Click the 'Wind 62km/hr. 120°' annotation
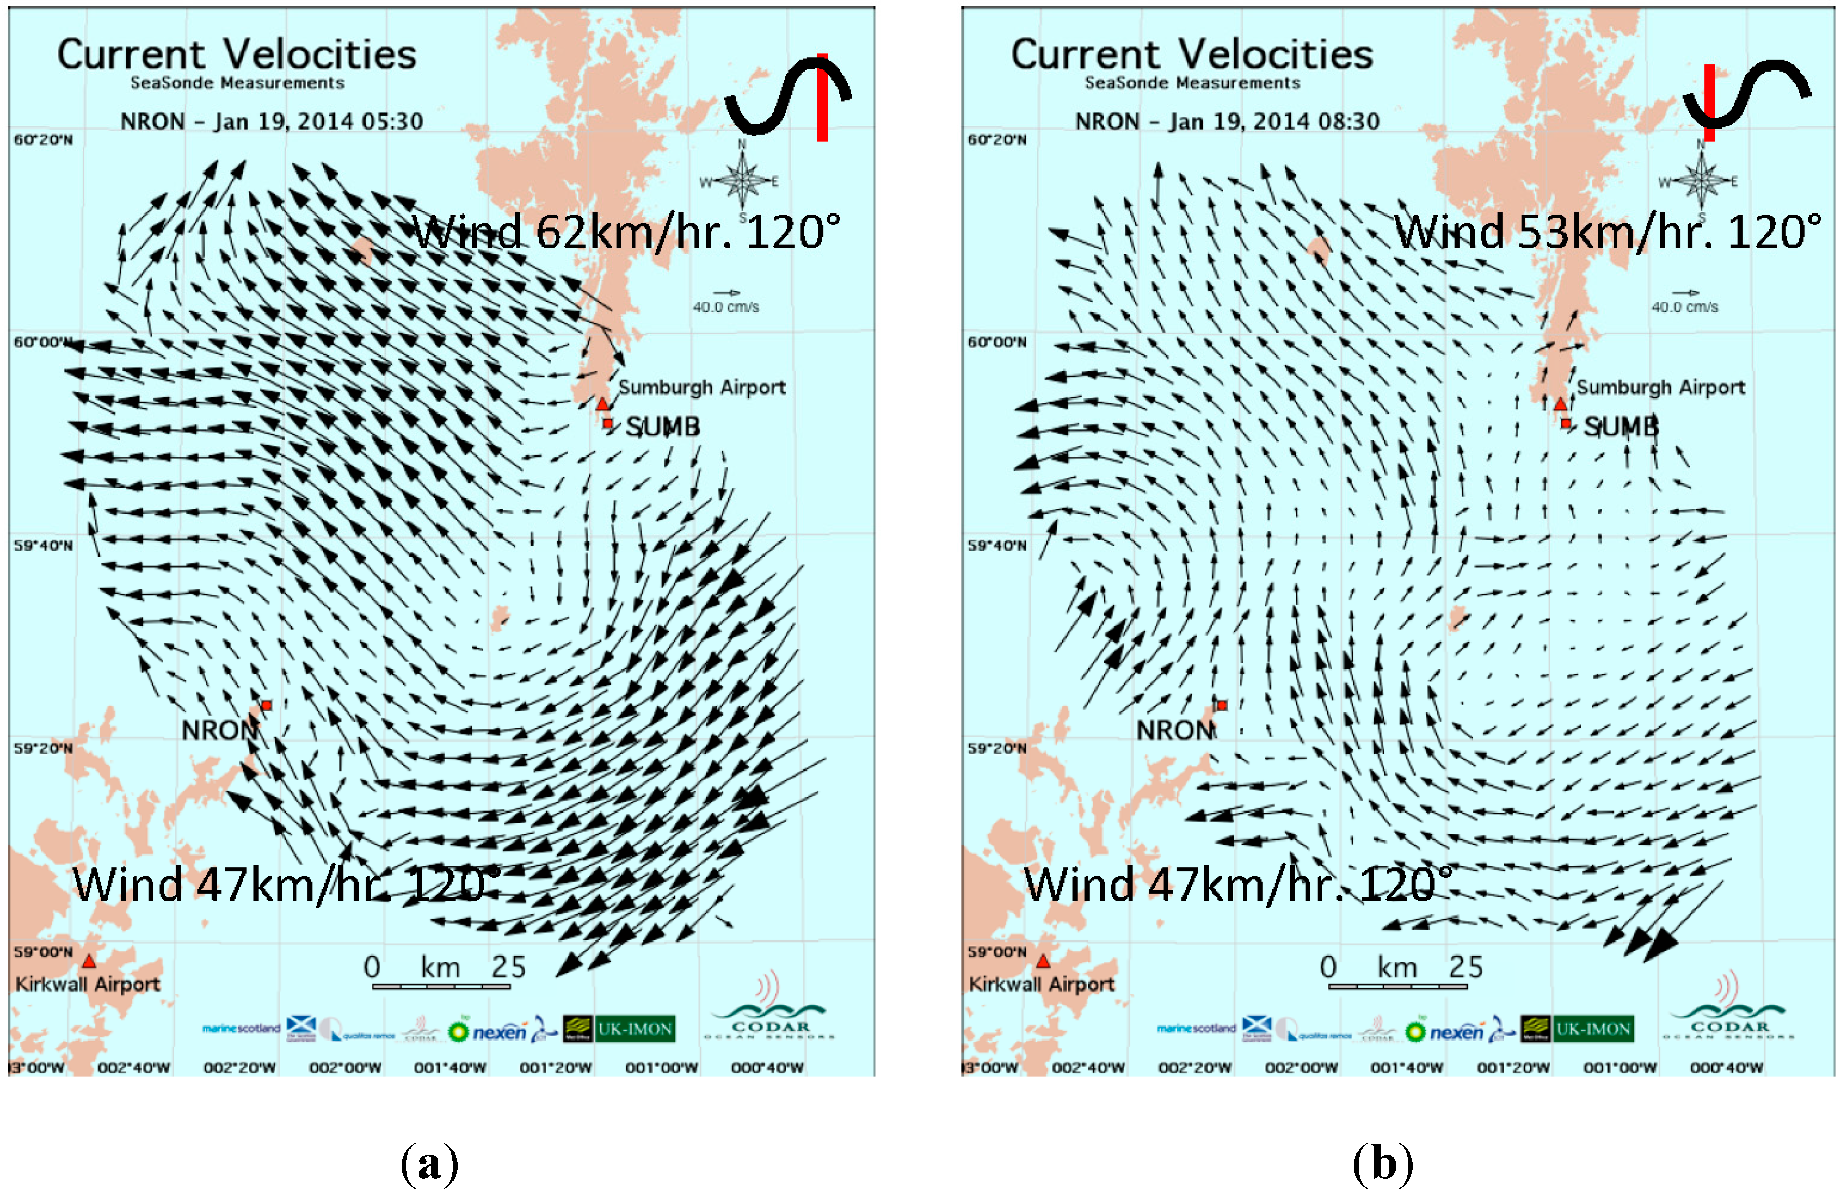click(x=626, y=232)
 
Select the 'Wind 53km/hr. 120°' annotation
click(x=1607, y=232)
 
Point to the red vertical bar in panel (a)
click(x=822, y=98)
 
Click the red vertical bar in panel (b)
click(x=1709, y=103)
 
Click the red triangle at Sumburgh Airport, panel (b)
click(x=1560, y=404)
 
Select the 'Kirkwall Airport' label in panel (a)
click(x=87, y=984)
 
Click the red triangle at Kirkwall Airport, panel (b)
click(x=1043, y=961)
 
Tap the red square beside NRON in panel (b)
click(x=1222, y=705)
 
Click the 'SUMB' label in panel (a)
click(x=663, y=427)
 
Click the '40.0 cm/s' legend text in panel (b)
click(x=1685, y=307)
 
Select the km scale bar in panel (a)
click(x=441, y=986)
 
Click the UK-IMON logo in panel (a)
click(x=634, y=1029)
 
